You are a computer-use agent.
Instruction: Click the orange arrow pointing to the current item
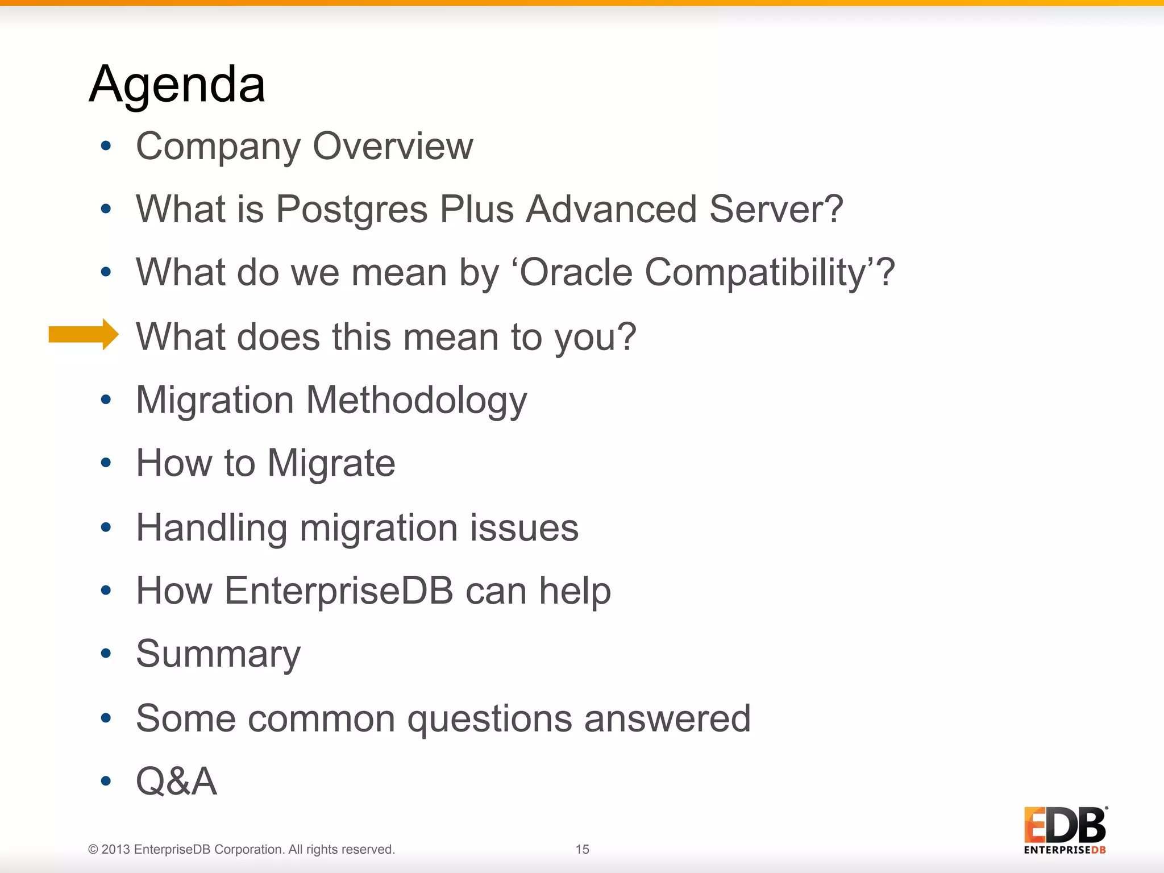click(83, 334)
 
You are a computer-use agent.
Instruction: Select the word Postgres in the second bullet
click(351, 210)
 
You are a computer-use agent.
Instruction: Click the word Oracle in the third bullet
click(576, 273)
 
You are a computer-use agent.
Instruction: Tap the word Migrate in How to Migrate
click(331, 464)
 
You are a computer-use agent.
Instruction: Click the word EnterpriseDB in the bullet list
click(339, 591)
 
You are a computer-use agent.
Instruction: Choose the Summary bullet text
click(218, 655)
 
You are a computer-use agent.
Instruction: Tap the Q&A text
click(176, 781)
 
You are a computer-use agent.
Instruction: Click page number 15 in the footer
click(582, 849)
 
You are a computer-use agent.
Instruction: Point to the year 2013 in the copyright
click(116, 850)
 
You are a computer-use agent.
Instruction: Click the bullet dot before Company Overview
click(106, 146)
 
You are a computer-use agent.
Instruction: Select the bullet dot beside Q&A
click(106, 781)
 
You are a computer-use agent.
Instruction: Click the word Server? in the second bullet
click(776, 210)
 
